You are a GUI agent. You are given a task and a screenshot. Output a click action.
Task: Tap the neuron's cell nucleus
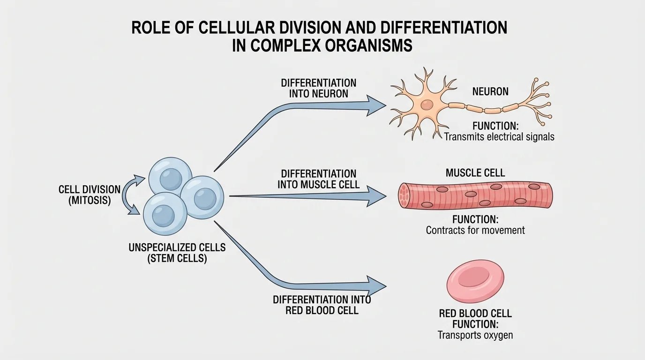[x=427, y=105]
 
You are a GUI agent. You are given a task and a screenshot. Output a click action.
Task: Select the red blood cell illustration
[x=475, y=280]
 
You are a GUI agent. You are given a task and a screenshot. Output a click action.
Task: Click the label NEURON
[x=490, y=91]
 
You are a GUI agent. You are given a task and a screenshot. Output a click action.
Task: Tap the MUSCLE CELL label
[x=475, y=173]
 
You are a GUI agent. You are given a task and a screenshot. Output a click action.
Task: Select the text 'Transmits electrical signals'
[x=499, y=137]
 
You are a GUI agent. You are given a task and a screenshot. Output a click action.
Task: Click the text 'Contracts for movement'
[x=475, y=230]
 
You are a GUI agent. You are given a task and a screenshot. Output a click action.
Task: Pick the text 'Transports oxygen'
[x=475, y=335]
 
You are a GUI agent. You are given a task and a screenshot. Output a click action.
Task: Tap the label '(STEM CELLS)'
[x=177, y=258]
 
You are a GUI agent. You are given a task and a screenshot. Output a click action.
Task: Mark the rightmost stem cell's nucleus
[x=205, y=199]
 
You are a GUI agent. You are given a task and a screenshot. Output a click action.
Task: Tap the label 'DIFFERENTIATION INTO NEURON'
[x=318, y=88]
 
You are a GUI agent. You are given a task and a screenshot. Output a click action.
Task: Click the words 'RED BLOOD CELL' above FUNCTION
[x=475, y=313]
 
